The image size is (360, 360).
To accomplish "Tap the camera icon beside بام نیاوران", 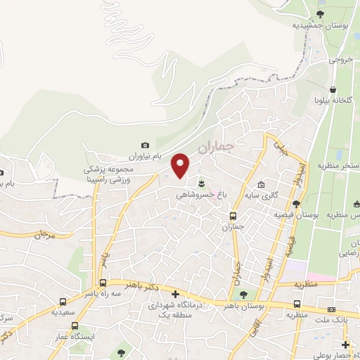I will pos(146,145).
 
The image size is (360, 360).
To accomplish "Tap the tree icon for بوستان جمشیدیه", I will pos(320,13).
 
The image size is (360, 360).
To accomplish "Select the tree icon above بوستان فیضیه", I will pos(297,204).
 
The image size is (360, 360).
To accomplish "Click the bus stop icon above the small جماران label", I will pos(233,216).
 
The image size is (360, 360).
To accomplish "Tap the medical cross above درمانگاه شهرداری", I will pos(175,294).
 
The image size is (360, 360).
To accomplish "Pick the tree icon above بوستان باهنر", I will pos(243,295).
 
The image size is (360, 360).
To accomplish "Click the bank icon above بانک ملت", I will pos(331,309).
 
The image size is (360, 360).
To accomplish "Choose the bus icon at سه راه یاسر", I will pos(103,283).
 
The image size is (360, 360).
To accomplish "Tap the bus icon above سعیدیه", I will pos(64,301).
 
